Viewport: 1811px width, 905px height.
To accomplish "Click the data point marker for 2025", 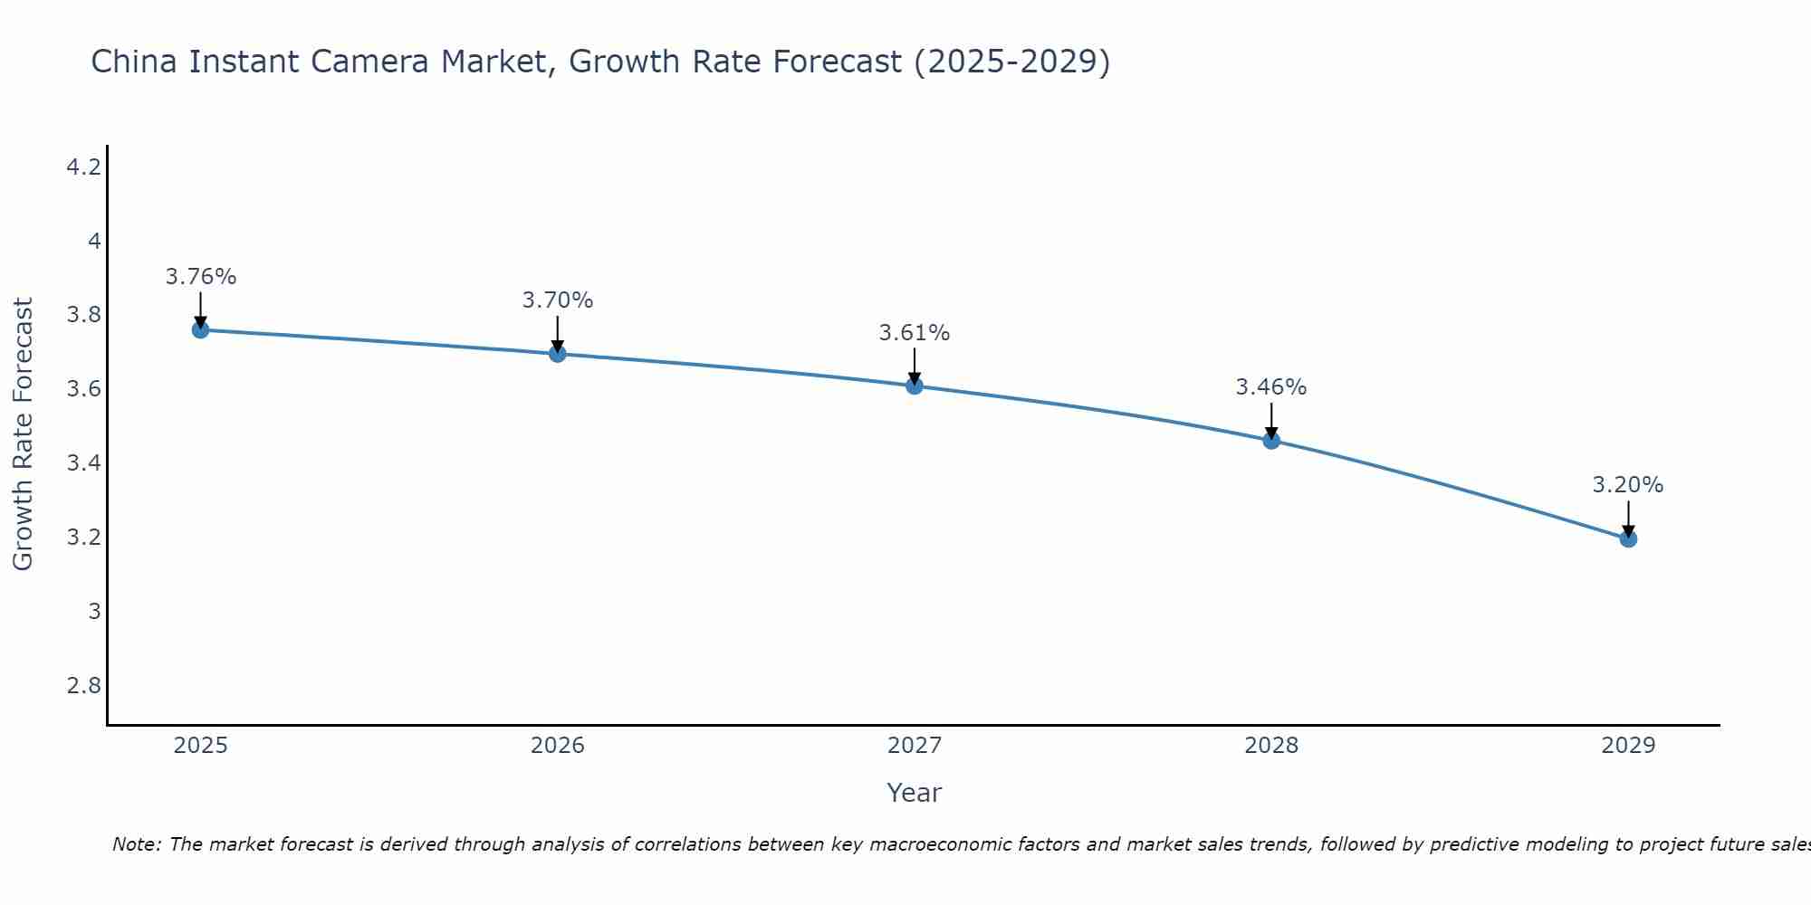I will pos(201,330).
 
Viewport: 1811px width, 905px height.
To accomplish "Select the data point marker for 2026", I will pos(558,354).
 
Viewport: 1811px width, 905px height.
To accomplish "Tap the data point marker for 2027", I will pos(915,386).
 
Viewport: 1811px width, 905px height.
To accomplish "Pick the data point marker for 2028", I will pos(1271,441).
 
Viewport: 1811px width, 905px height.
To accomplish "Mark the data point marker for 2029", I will pos(1628,539).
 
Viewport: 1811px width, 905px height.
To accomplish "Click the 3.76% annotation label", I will pos(201,277).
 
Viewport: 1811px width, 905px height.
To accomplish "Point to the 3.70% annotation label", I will pos(558,300).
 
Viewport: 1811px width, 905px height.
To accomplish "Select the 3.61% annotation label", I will pos(915,333).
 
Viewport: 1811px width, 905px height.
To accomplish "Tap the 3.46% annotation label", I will pos(1271,387).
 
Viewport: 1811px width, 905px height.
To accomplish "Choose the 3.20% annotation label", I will pos(1628,485).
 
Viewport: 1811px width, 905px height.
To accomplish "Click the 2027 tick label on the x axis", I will pos(915,746).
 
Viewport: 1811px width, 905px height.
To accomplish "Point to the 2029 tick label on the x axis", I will pos(1628,746).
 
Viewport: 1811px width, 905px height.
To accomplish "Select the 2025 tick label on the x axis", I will pos(201,746).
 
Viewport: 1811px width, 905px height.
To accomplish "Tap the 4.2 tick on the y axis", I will pos(84,167).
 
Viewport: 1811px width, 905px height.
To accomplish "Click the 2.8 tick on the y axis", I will pos(84,686).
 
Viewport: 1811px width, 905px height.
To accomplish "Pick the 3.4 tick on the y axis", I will pos(84,463).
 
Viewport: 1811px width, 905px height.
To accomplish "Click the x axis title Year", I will pos(915,793).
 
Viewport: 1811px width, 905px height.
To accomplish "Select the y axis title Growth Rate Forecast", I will pos(24,434).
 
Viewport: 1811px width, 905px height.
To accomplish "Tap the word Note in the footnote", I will pos(136,844).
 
